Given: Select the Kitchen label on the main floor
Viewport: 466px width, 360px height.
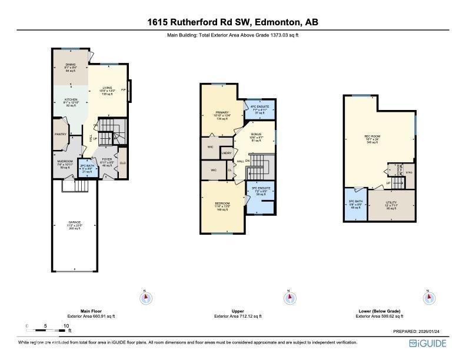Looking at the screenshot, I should (x=71, y=100).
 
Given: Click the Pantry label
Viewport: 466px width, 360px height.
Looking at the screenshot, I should (x=61, y=134).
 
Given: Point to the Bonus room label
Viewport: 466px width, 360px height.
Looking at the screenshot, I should (x=256, y=134).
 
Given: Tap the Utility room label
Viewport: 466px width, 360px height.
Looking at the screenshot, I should (x=391, y=202).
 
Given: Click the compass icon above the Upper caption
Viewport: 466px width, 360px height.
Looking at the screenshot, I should (x=288, y=298).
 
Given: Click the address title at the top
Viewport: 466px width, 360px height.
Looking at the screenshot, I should (x=233, y=23).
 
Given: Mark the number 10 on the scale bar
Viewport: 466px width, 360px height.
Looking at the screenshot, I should (x=66, y=325).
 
